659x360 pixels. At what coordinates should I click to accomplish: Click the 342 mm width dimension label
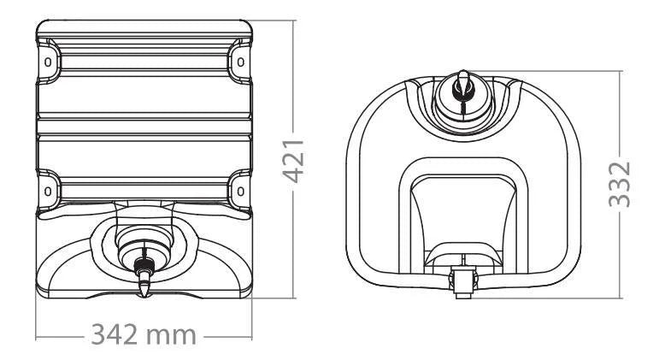pos(144,334)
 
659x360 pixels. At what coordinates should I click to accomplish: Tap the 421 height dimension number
pos(293,161)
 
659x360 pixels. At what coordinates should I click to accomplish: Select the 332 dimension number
pos(620,185)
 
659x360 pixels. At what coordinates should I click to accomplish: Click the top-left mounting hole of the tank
pos(48,62)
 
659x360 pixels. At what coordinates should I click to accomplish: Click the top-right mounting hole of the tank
pos(240,62)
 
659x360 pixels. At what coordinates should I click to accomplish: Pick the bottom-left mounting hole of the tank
pos(48,192)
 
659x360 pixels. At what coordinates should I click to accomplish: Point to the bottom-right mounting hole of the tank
pos(240,192)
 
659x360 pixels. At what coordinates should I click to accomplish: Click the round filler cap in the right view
pos(462,100)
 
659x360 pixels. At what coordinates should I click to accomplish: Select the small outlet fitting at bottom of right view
pos(462,283)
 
